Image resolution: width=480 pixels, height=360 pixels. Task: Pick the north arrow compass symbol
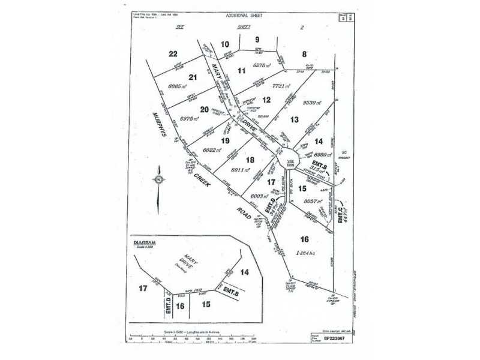[158, 179]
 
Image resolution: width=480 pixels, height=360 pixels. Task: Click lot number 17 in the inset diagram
[143, 288]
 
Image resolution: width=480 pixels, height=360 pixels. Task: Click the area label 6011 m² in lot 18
[233, 170]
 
